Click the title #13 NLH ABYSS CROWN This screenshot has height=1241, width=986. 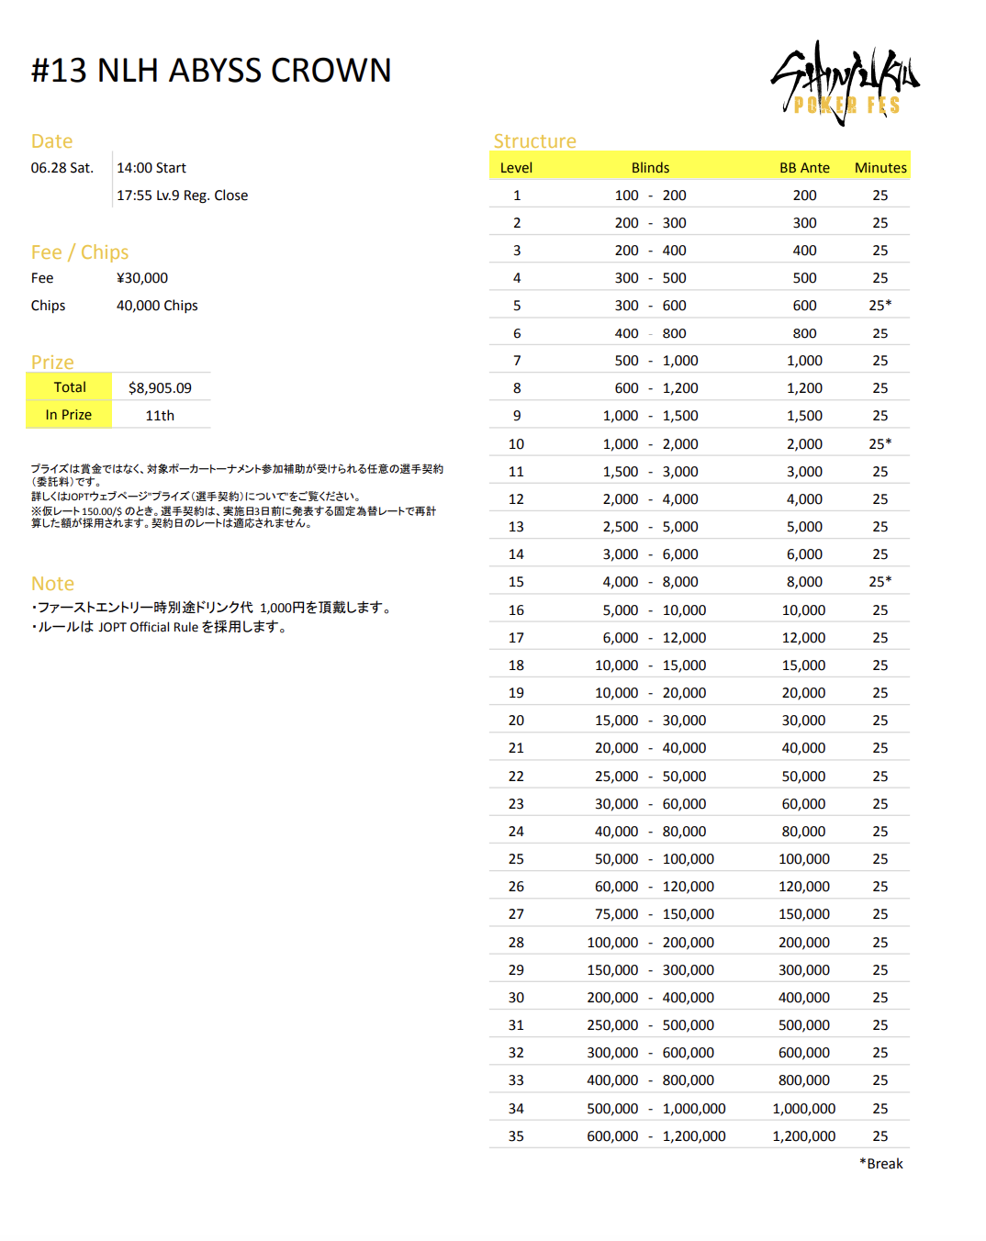point(211,71)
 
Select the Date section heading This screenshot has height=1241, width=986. point(51,141)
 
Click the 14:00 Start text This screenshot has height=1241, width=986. point(151,168)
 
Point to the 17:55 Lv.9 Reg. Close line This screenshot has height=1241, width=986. point(182,196)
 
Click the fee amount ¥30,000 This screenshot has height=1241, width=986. point(142,278)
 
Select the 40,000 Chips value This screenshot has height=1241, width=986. point(157,306)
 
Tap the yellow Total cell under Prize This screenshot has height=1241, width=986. point(70,387)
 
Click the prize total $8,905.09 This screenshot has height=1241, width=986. point(160,388)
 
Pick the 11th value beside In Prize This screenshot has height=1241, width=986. point(160,416)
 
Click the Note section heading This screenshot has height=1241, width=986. point(52,584)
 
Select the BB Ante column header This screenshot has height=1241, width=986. point(804,168)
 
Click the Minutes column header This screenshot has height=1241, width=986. point(880,168)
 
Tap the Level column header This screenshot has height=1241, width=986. point(516,168)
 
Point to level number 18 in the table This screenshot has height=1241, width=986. point(516,665)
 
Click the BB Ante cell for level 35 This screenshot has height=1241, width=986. point(804,1136)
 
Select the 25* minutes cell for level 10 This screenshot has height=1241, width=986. point(880,444)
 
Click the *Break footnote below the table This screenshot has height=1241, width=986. point(881,1164)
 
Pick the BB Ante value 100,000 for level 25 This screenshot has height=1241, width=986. point(804,859)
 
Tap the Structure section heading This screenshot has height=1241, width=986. point(535,141)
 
